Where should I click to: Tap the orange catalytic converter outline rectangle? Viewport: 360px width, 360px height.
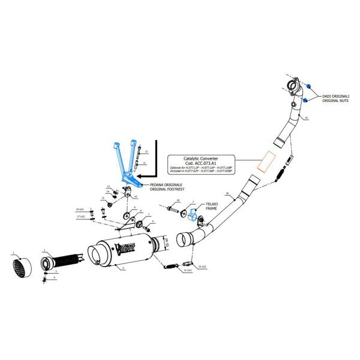(x=265, y=159)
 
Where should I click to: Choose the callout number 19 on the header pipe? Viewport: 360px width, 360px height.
(x=305, y=119)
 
